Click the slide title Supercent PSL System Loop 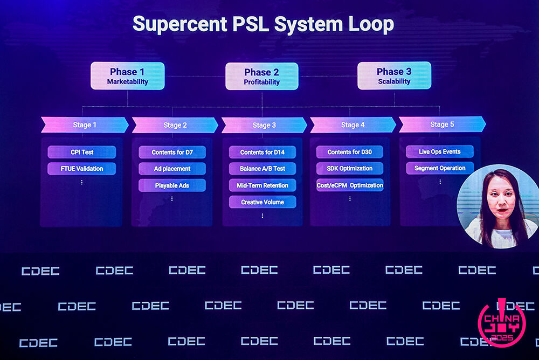pos(263,24)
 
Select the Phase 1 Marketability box pos(127,76)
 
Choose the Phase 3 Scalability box pos(394,76)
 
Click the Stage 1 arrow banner pos(85,125)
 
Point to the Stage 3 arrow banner pos(264,125)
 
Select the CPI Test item pos(82,152)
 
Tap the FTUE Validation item pos(82,169)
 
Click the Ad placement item pos(172,169)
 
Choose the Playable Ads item pos(172,185)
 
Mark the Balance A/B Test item pos(262,169)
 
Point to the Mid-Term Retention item pos(262,185)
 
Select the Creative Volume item pos(262,202)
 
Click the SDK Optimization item pos(350,169)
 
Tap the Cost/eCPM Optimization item pos(350,185)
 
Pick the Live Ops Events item pos(440,151)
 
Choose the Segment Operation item pos(440,168)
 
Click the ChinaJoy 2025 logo pos(502,323)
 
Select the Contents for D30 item pos(350,152)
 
